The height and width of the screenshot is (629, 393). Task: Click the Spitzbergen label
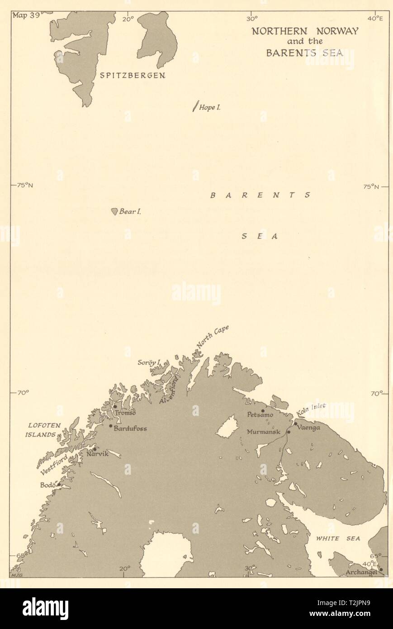click(132, 76)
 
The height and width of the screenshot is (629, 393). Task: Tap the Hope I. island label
click(209, 108)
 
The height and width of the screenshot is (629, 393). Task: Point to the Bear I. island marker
click(114, 211)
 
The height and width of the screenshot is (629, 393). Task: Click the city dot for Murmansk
click(289, 432)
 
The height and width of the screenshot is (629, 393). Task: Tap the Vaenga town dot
click(296, 424)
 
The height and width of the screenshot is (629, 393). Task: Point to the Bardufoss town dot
click(111, 426)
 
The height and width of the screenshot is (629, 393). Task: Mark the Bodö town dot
click(59, 484)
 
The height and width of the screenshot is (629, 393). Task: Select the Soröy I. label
click(149, 362)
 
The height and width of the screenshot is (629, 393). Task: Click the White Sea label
click(338, 538)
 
